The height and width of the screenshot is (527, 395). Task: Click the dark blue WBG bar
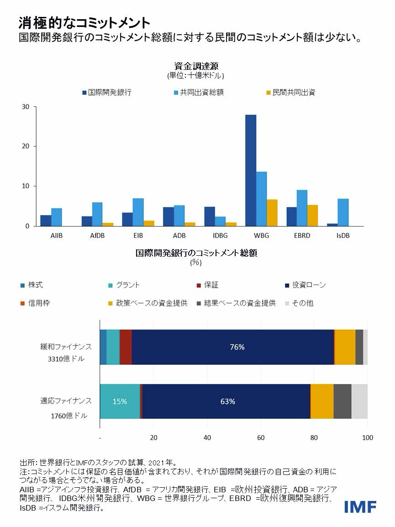[251, 170]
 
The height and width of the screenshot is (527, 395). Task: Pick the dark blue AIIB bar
[46, 221]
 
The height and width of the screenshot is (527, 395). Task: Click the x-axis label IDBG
[220, 236]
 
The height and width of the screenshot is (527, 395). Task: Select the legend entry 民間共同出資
[294, 92]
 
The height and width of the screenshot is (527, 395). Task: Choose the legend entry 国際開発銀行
[110, 92]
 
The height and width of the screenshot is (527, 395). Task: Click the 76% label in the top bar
[237, 347]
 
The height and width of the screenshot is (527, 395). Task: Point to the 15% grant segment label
[120, 401]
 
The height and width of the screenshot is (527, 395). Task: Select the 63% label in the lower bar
[227, 401]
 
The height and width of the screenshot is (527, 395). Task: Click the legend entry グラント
[128, 285]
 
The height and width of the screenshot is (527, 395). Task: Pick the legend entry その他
[302, 303]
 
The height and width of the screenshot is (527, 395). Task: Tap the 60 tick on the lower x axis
[261, 437]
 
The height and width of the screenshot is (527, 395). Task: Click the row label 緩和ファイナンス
[66, 347]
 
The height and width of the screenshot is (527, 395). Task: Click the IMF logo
[360, 506]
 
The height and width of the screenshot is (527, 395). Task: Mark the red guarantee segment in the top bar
[126, 347]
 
